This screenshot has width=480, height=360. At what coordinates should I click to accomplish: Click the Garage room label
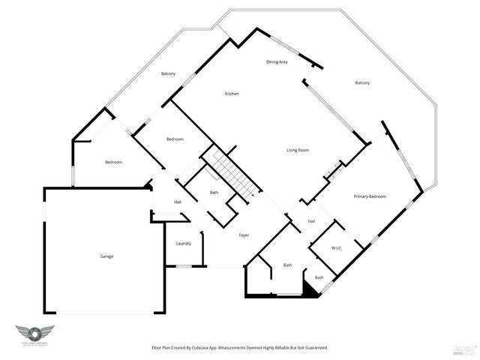pyautogui.click(x=106, y=256)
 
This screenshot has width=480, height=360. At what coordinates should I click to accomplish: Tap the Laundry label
pyautogui.click(x=183, y=243)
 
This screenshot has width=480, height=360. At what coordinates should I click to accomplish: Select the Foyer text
pyautogui.click(x=244, y=235)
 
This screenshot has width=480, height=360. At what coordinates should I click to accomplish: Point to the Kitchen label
pyautogui.click(x=232, y=94)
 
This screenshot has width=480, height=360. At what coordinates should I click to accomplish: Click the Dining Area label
pyautogui.click(x=277, y=61)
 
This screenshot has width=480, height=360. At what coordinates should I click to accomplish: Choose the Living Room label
pyautogui.click(x=298, y=150)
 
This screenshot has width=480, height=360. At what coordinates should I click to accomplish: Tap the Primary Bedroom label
pyautogui.click(x=370, y=196)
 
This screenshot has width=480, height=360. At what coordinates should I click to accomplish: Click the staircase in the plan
pyautogui.click(x=232, y=171)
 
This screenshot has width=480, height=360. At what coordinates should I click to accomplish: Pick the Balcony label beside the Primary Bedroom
pyautogui.click(x=362, y=82)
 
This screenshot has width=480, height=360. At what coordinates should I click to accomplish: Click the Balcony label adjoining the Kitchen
pyautogui.click(x=168, y=73)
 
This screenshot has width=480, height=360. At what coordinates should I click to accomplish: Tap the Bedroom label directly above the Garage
pyautogui.click(x=113, y=162)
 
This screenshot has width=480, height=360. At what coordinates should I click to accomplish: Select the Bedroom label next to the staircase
pyautogui.click(x=175, y=139)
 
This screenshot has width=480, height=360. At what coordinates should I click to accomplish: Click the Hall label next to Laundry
pyautogui.click(x=178, y=202)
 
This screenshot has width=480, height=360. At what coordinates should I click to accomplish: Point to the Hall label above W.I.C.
pyautogui.click(x=310, y=220)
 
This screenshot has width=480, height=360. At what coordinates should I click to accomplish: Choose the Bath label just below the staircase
pyautogui.click(x=214, y=193)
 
